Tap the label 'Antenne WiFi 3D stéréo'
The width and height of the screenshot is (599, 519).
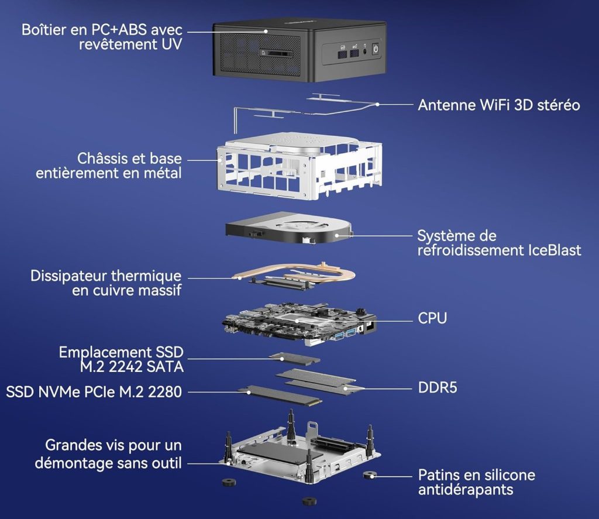[x=498, y=105]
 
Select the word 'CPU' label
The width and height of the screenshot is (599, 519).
[x=432, y=319]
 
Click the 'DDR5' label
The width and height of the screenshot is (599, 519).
[x=438, y=387]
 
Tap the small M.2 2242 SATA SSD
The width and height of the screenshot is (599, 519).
[x=297, y=358]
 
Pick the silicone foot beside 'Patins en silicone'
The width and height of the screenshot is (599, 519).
[x=369, y=475]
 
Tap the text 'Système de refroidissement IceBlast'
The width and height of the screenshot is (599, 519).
[x=498, y=243]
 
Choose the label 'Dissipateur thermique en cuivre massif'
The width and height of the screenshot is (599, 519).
[x=106, y=283]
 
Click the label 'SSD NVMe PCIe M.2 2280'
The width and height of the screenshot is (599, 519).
[x=94, y=391]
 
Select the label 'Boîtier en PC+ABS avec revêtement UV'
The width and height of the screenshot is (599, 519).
[x=101, y=36]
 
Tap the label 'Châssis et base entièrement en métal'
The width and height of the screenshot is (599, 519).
[x=108, y=166]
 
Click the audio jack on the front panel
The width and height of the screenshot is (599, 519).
[x=366, y=51]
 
